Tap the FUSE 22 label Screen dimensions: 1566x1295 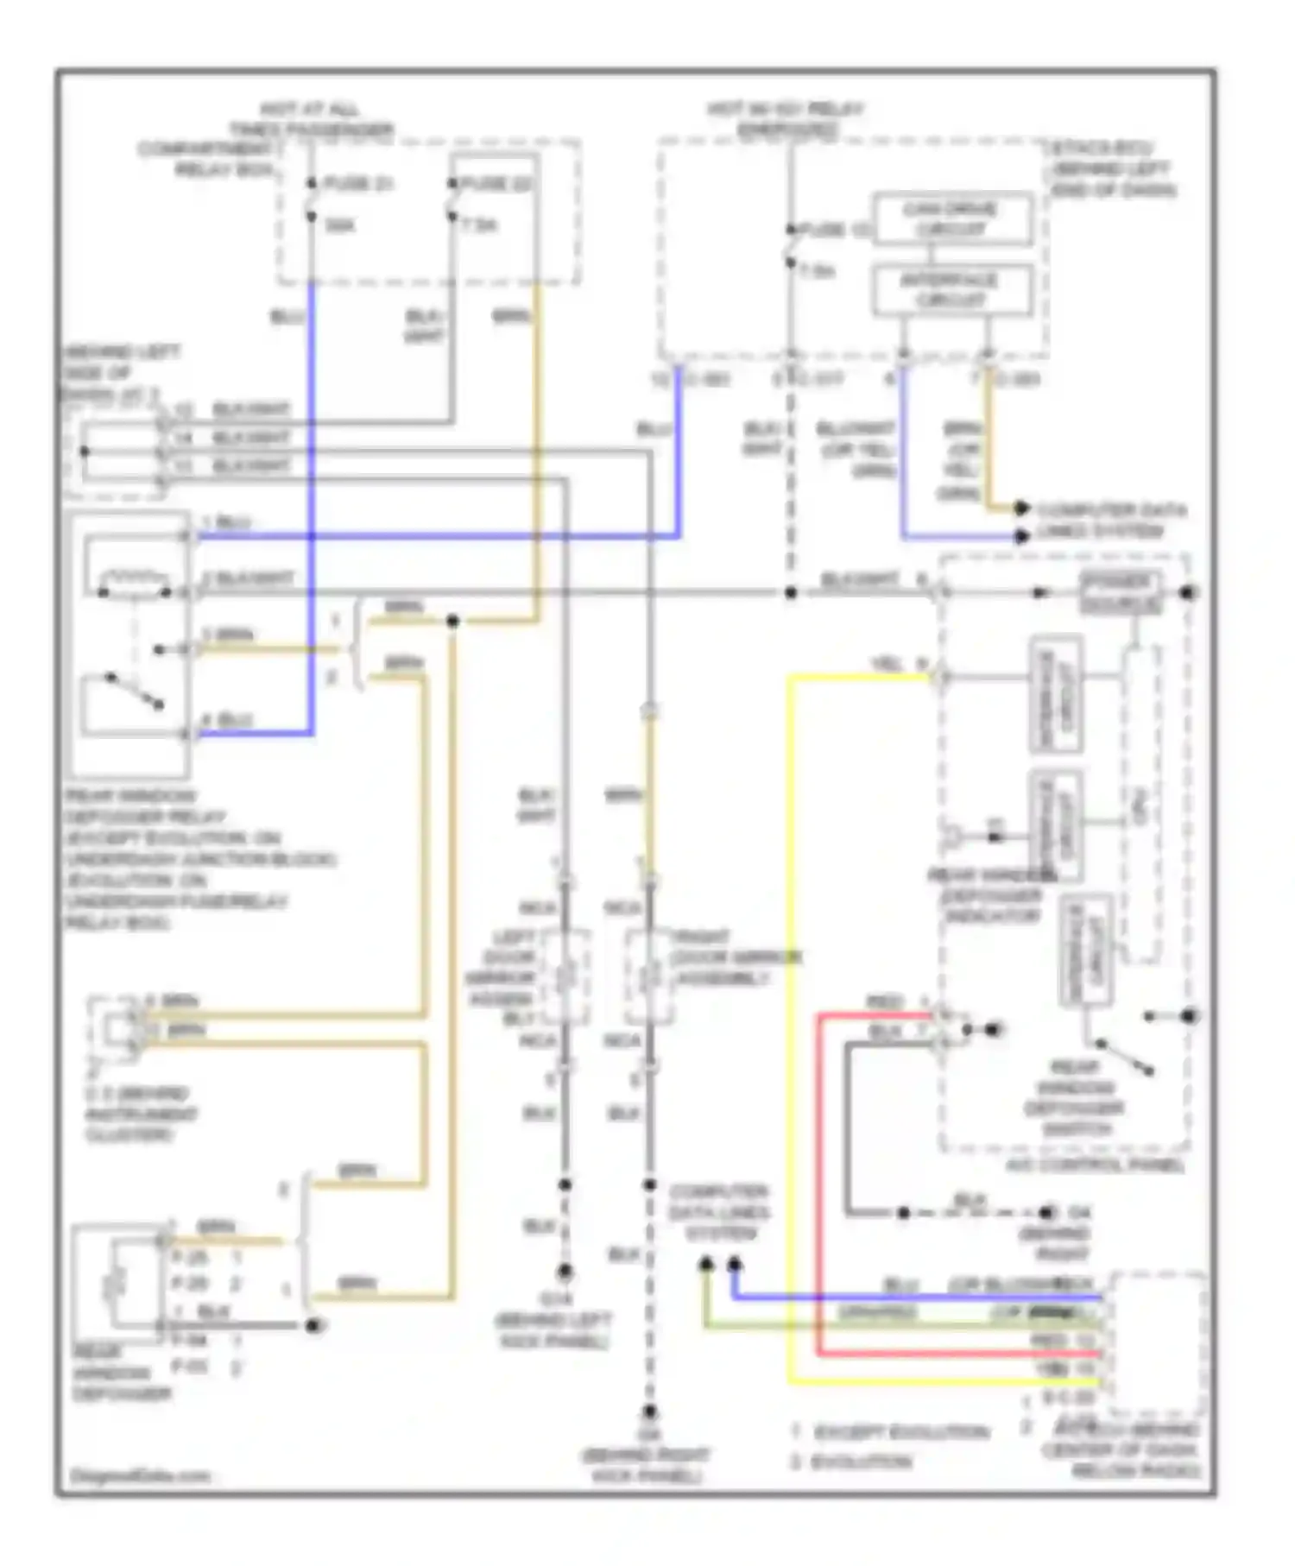point(496,184)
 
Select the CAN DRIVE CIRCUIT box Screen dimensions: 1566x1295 point(951,219)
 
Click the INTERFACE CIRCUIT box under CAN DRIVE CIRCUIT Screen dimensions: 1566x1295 point(951,290)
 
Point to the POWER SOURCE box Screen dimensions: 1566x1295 point(1121,592)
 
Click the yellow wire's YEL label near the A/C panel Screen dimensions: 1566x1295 point(887,663)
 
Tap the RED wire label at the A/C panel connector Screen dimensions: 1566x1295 point(884,1002)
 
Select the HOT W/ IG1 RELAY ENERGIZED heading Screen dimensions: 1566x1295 point(785,119)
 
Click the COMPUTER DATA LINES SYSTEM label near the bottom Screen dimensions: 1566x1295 point(719,1212)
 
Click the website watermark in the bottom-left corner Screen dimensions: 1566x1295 point(140,1475)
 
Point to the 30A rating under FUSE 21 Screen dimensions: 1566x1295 point(340,225)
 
